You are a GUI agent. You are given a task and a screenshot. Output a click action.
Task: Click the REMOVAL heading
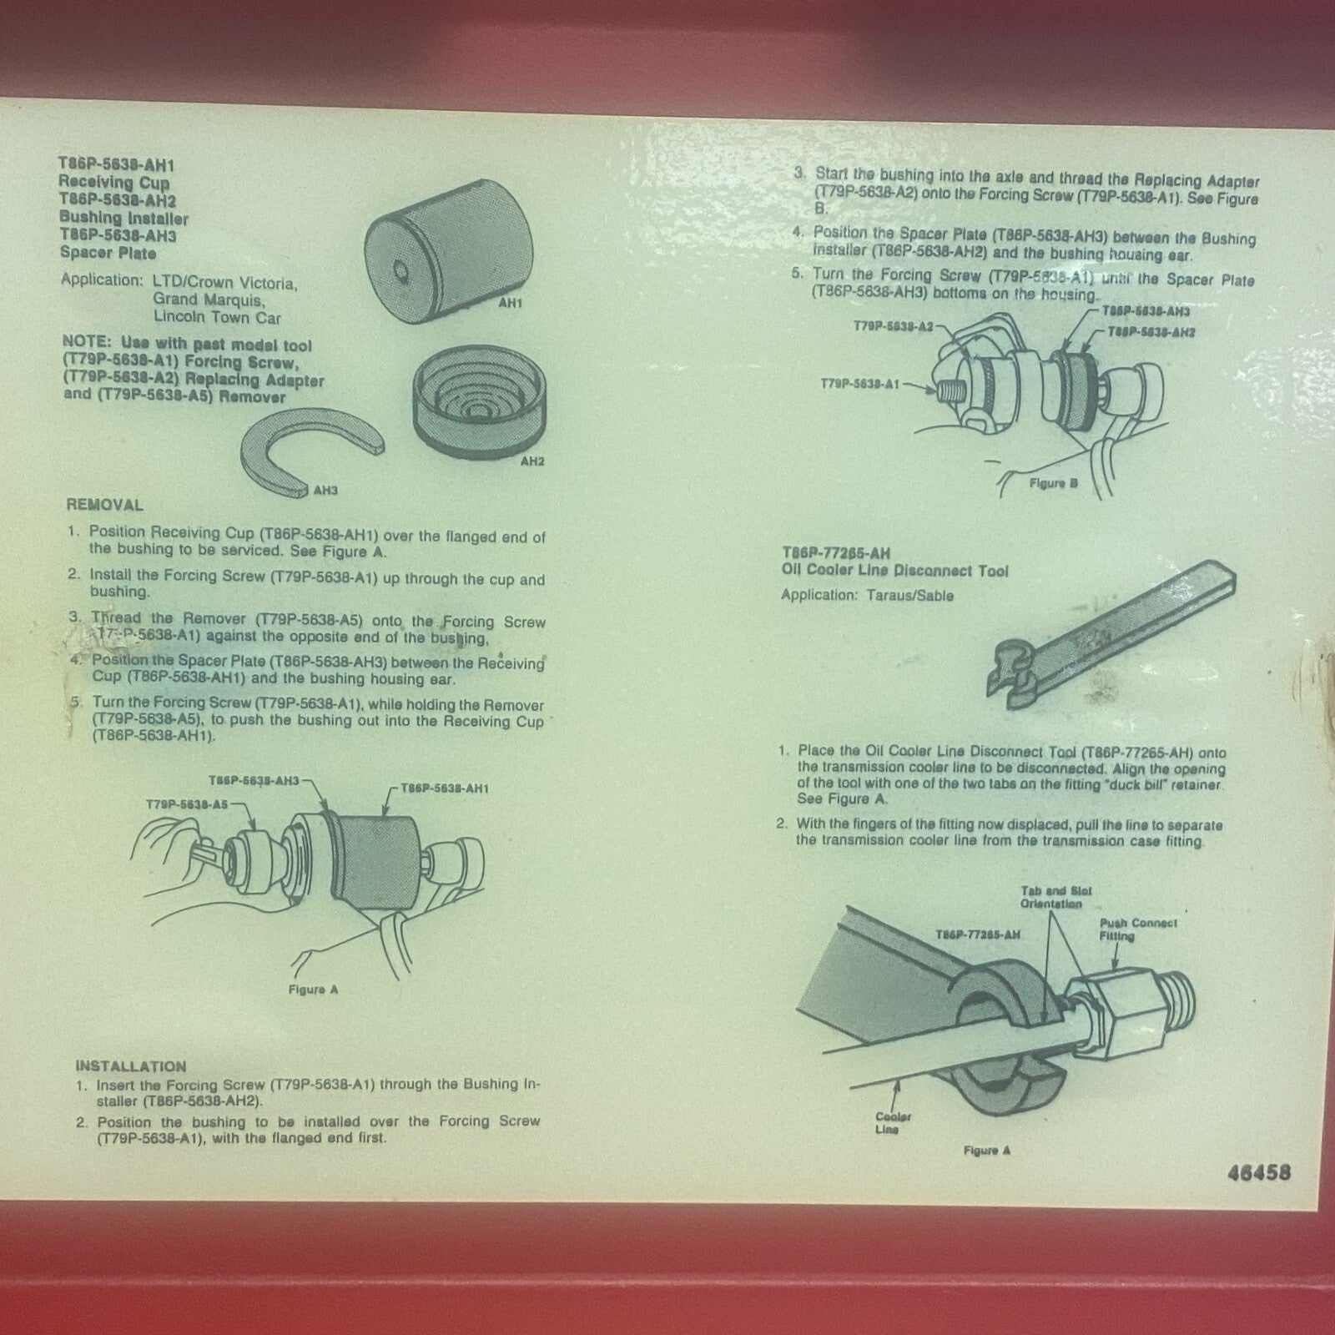pos(104,505)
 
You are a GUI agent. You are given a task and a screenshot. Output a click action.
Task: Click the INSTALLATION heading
pos(130,1066)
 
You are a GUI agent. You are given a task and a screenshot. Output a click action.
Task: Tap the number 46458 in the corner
pos(1259,1172)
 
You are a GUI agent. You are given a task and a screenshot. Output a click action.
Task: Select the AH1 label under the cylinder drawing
pos(510,305)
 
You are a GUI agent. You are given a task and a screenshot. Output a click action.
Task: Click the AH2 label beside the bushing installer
pos(531,461)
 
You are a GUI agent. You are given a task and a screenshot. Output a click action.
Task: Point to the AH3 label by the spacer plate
pos(325,491)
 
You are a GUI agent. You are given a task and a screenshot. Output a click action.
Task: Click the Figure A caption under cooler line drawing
pos(986,1151)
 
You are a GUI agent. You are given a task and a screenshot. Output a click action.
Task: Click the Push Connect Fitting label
pos(1137,929)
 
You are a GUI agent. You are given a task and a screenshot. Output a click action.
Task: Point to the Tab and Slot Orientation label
pos(1056,897)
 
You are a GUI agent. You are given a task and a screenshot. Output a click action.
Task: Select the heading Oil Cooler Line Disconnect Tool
pos(894,571)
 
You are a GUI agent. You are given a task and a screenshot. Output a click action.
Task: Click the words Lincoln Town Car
pos(217,318)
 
